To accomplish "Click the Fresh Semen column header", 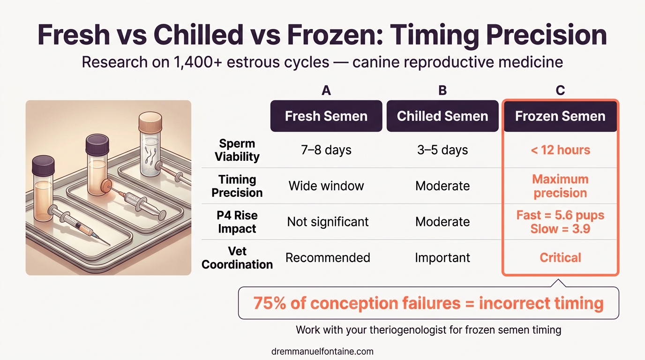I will coord(326,116).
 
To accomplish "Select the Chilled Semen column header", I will coord(442,116).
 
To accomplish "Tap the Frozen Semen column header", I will coord(560,116).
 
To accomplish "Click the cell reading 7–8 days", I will coord(326,150).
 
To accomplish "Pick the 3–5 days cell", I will coord(442,150).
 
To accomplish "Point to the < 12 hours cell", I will coord(560,150).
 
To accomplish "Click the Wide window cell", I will coord(326,186).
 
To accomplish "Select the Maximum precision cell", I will coord(560,186).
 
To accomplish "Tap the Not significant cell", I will coord(328,221).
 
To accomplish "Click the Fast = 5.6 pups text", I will coord(560,215).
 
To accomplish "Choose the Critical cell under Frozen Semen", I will coord(560,257).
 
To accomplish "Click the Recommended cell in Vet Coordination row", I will coord(328,257).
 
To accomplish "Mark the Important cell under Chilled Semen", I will coord(442,257).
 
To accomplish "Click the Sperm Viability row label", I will coord(237,150).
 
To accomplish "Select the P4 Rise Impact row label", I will coord(237,222).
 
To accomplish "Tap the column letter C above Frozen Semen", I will coord(560,91).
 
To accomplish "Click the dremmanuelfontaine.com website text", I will coord(322,351).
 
